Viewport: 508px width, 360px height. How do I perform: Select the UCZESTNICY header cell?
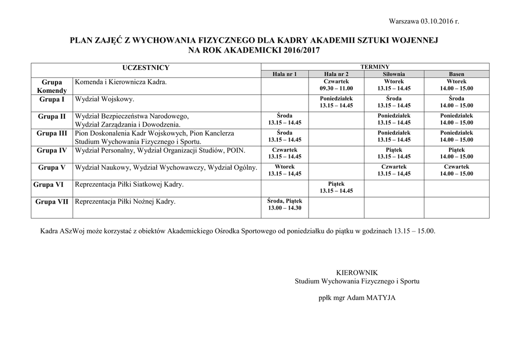coord(146,68)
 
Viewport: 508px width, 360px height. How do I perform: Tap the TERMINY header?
coord(375,67)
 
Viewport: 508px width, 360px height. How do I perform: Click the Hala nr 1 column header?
coord(285,74)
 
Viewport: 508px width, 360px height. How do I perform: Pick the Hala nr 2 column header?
coord(336,74)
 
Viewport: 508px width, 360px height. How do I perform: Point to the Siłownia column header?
coord(394,74)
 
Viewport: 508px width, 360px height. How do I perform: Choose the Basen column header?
coord(456,74)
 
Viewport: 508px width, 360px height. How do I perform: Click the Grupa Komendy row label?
coord(52,86)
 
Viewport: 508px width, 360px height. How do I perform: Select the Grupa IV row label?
coord(52,150)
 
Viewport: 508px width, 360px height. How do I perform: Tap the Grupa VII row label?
coord(52,202)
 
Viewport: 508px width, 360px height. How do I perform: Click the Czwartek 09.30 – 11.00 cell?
coord(336,85)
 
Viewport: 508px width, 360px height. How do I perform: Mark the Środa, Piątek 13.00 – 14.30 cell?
coord(285,204)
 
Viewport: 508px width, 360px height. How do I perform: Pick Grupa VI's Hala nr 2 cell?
coord(336,187)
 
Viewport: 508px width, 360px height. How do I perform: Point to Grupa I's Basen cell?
coord(456,102)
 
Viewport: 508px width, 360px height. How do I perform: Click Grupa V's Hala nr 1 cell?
coord(285,170)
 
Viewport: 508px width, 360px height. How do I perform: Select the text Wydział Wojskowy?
coord(105,100)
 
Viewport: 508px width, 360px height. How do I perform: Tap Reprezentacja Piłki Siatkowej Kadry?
coord(129,185)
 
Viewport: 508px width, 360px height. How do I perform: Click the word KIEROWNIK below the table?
coord(357,273)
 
